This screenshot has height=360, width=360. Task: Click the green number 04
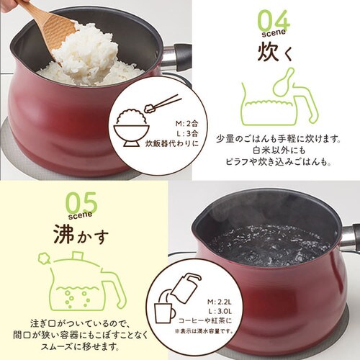pos(274,21)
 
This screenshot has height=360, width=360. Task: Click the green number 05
pos(82,203)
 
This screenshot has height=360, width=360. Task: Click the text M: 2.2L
pos(220,302)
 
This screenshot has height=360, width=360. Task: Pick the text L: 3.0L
pos(220,311)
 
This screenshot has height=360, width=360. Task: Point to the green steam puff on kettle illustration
pos(44,258)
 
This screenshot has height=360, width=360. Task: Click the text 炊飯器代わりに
pos(172,143)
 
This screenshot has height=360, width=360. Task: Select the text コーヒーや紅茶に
pos(205,320)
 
